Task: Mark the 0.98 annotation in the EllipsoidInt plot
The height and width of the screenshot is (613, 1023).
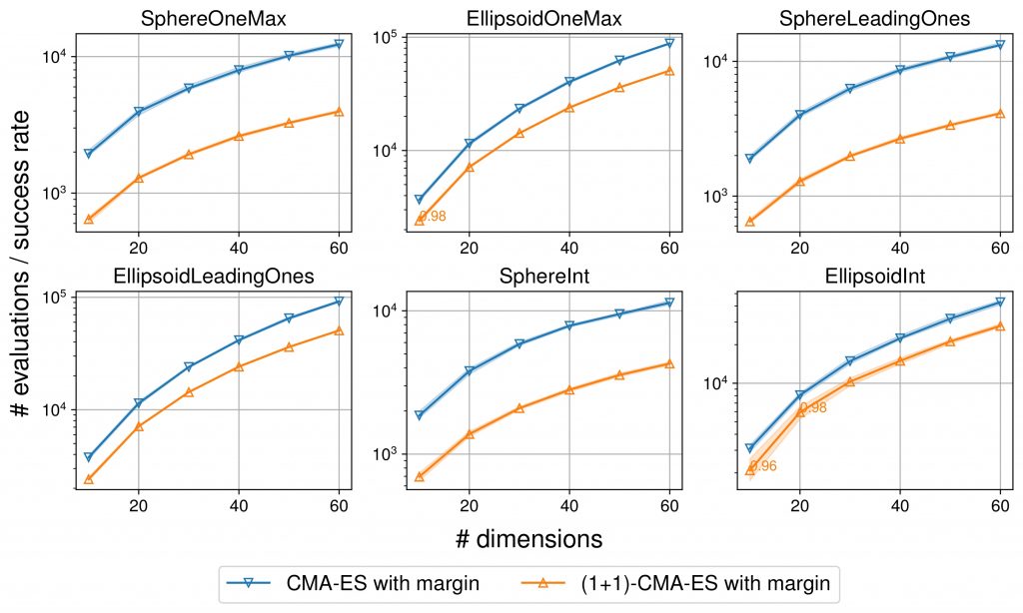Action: pos(813,407)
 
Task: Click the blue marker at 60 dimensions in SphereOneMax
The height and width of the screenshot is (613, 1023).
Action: pos(339,44)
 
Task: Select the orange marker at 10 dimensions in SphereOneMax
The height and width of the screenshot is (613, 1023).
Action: pos(89,219)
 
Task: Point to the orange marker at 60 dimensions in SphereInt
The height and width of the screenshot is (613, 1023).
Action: pos(669,363)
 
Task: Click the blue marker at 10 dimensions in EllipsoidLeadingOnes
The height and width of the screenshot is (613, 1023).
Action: pos(89,457)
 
